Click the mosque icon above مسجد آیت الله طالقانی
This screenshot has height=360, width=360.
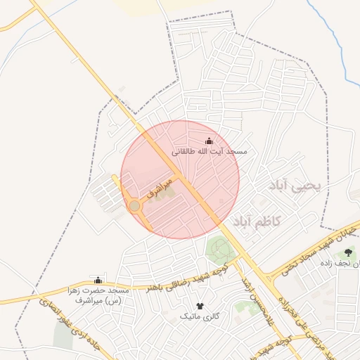[208, 141]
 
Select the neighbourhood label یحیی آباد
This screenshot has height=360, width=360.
[295, 186]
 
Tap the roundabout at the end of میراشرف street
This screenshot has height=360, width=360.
[134, 206]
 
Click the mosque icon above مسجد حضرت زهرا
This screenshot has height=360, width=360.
[97, 280]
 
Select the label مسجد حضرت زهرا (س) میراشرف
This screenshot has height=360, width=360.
[98, 295]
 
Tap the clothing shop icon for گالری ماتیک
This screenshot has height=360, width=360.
[200, 306]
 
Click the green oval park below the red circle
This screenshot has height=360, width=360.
[219, 248]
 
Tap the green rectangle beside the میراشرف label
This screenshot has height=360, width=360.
[162, 192]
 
